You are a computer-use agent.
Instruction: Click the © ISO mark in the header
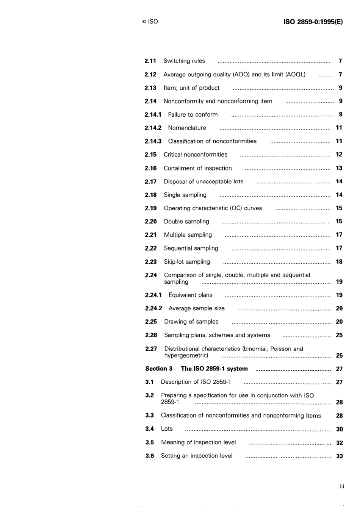[x=150, y=22]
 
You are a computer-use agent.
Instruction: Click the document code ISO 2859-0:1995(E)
[x=313, y=22]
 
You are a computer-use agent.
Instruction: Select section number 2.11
[x=150, y=61]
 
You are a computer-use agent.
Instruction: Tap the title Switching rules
[x=184, y=61]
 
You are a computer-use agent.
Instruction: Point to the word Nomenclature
[x=187, y=128]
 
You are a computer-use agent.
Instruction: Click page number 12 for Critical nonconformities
[x=339, y=155]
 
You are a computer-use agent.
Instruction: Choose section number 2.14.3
[x=153, y=141]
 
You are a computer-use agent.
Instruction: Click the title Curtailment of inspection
[x=197, y=168]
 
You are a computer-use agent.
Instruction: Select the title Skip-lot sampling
[x=187, y=262]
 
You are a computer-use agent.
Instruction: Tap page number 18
[x=339, y=262]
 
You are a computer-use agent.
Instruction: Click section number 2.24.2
[x=153, y=308]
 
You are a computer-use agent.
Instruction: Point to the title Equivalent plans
[x=190, y=295]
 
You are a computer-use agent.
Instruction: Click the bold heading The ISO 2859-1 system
[x=214, y=369]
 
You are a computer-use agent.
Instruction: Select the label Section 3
[x=159, y=369]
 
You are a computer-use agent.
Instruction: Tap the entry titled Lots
[x=167, y=429]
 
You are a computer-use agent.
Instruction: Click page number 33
[x=340, y=456]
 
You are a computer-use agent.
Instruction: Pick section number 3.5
[x=149, y=442]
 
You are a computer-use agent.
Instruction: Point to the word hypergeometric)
[x=186, y=355]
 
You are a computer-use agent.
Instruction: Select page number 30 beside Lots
[x=340, y=429]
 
